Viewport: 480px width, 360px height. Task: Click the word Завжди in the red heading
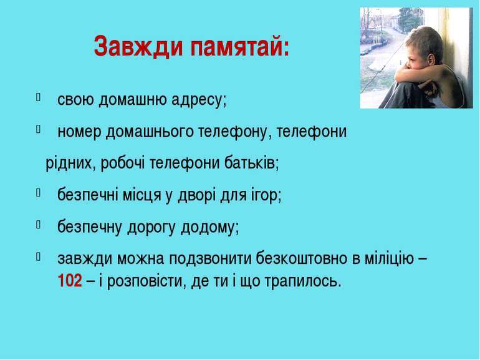(138, 46)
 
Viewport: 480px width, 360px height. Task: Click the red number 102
(70, 280)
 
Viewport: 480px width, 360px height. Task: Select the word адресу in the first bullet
(199, 100)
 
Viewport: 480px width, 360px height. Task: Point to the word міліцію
(389, 259)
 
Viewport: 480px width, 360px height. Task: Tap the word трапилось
(302, 281)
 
